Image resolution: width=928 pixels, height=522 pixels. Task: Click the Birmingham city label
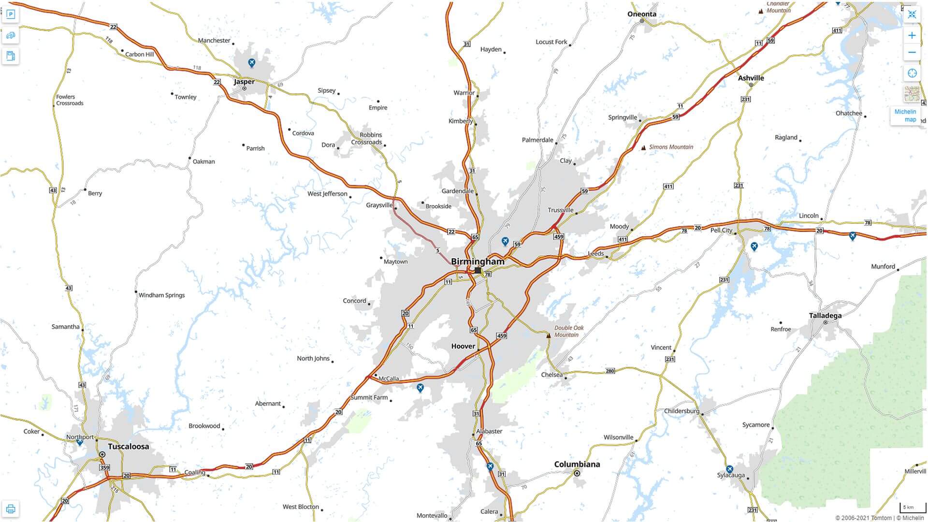tap(477, 261)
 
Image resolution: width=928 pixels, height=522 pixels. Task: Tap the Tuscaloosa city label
tap(128, 446)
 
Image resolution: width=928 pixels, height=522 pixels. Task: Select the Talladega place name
tap(825, 316)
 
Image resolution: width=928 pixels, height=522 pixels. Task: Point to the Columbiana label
tap(577, 464)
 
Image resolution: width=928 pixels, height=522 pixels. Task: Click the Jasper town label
tap(244, 82)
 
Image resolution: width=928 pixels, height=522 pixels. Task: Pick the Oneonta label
tap(641, 14)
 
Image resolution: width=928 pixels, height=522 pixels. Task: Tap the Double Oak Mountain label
tap(568, 331)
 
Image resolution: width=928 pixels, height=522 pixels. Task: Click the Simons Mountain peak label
tap(670, 147)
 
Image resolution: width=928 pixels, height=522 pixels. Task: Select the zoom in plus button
tap(912, 35)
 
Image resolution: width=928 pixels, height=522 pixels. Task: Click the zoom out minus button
tap(912, 52)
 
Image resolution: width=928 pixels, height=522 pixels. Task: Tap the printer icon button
tap(11, 509)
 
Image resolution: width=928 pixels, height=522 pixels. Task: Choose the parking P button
tap(11, 14)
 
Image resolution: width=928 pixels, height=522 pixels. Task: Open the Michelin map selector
tap(905, 115)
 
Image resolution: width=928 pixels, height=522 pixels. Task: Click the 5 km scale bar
tap(912, 507)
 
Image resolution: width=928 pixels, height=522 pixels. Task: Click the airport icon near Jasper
tap(251, 62)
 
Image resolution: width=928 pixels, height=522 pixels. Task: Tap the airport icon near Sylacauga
tap(729, 469)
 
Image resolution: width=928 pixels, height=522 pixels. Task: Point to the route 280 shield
tap(610, 371)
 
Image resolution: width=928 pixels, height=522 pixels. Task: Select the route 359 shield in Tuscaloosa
tap(104, 467)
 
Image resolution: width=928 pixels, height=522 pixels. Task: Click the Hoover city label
tap(463, 346)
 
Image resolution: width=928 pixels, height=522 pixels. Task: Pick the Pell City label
tap(721, 230)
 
